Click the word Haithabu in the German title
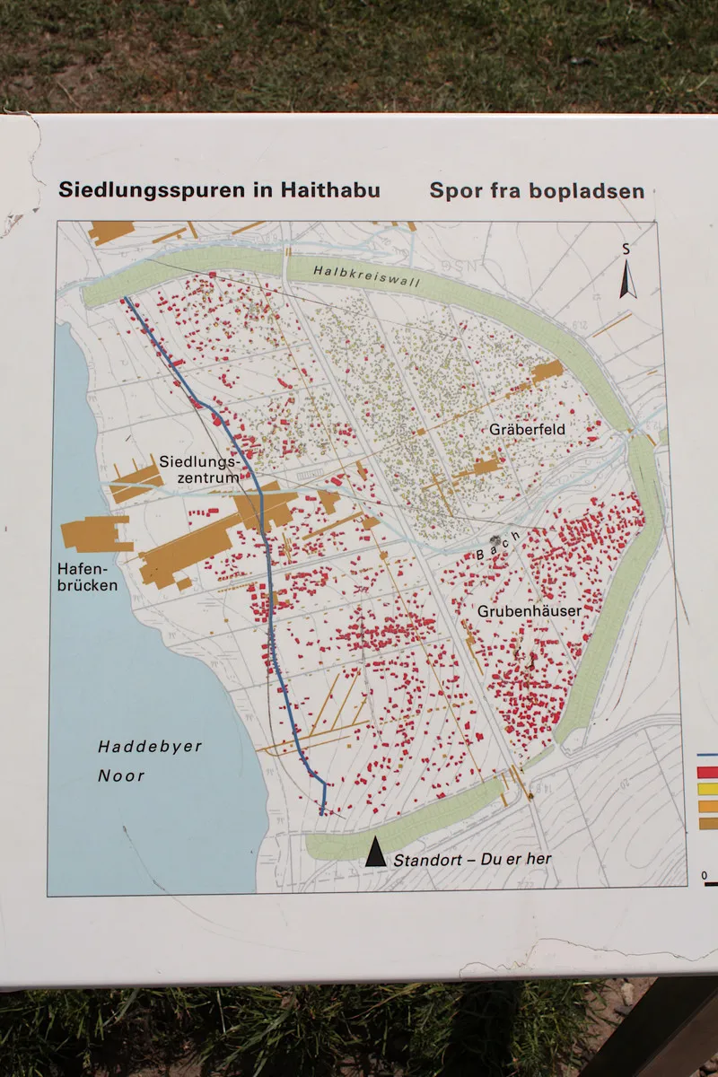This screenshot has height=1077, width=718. tap(332, 190)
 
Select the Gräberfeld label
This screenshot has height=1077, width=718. tap(527, 430)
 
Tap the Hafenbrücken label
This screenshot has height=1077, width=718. tap(86, 577)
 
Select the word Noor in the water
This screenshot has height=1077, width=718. tap(120, 775)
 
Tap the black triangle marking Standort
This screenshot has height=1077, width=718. tap(375, 853)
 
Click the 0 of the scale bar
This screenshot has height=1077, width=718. tap(705, 875)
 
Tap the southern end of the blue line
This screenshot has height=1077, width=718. tap(322, 812)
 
